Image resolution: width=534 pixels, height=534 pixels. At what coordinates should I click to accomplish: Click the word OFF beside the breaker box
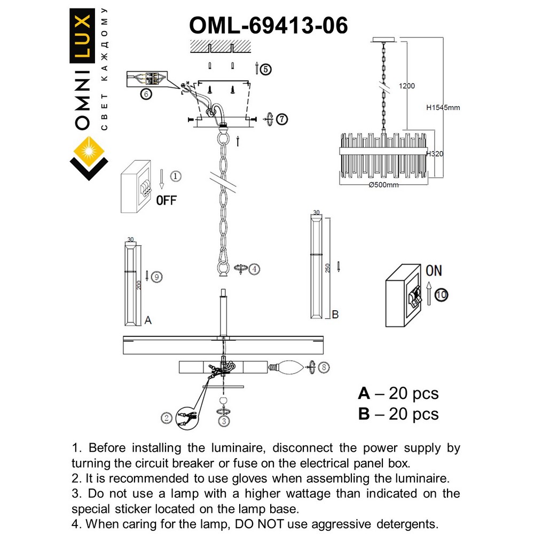pyautogui.click(x=166, y=201)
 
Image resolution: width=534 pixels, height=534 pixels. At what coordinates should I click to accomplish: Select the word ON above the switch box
pyautogui.click(x=434, y=271)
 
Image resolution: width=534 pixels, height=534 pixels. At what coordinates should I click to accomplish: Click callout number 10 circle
pyautogui.click(x=441, y=294)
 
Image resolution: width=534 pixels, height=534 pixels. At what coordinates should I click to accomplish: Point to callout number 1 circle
pyautogui.click(x=176, y=175)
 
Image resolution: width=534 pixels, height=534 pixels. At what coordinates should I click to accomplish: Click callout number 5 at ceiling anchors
pyautogui.click(x=266, y=68)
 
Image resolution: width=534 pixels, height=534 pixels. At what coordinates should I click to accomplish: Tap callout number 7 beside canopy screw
pyautogui.click(x=282, y=119)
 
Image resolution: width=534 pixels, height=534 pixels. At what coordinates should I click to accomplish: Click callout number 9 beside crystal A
pyautogui.click(x=156, y=277)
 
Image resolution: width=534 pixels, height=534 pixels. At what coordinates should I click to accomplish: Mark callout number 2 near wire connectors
pyautogui.click(x=167, y=418)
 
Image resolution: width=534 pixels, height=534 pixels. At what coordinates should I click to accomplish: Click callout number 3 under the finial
pyautogui.click(x=224, y=421)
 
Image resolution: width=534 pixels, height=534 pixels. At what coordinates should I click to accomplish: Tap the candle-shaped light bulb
pyautogui.click(x=289, y=367)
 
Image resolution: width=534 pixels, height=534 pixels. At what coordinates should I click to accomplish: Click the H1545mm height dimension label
pyautogui.click(x=443, y=107)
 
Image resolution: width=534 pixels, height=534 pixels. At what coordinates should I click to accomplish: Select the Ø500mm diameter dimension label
pyautogui.click(x=383, y=185)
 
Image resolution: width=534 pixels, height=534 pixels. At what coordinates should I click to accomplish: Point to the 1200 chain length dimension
pyautogui.click(x=406, y=86)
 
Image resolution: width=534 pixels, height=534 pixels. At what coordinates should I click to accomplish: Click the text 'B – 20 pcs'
pyautogui.click(x=398, y=414)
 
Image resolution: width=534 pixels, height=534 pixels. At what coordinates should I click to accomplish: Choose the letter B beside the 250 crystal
pyautogui.click(x=335, y=315)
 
